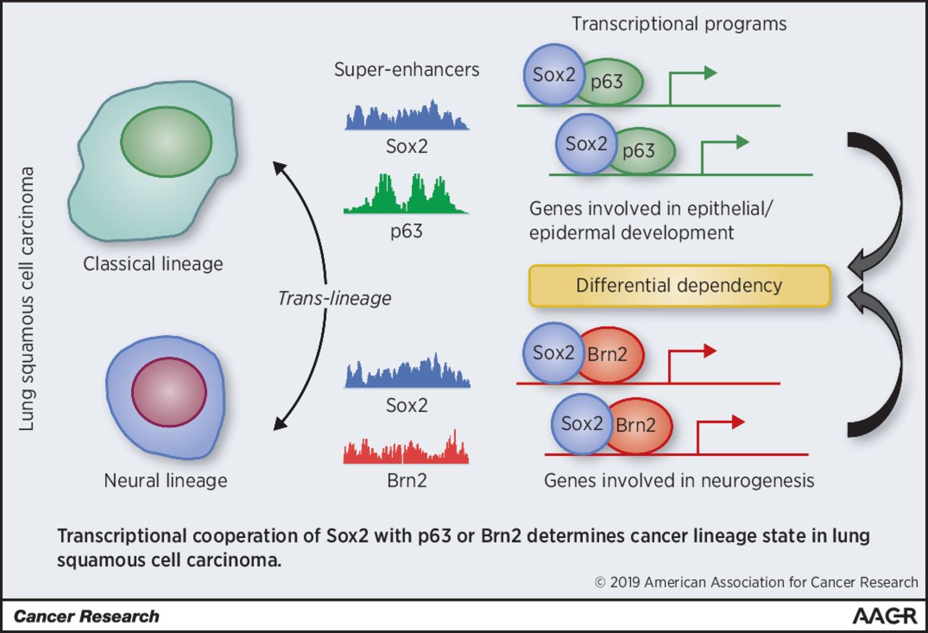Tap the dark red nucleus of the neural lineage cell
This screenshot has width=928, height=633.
[168, 392]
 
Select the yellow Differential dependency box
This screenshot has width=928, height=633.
[679, 285]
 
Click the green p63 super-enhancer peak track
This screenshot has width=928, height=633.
[406, 194]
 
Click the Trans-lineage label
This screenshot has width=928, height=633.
[334, 298]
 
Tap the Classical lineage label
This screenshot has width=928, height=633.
[153, 263]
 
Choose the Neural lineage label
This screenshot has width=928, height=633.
[165, 480]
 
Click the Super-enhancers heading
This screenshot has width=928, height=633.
[407, 70]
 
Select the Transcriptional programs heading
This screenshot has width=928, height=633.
[679, 23]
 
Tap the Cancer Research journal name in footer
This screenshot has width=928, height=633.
[86, 617]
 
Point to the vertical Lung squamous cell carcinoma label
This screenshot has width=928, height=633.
[27, 298]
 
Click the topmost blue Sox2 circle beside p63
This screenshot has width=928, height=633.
[554, 75]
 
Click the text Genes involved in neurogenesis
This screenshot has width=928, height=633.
[679, 480]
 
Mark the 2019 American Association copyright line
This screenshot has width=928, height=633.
[756, 582]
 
